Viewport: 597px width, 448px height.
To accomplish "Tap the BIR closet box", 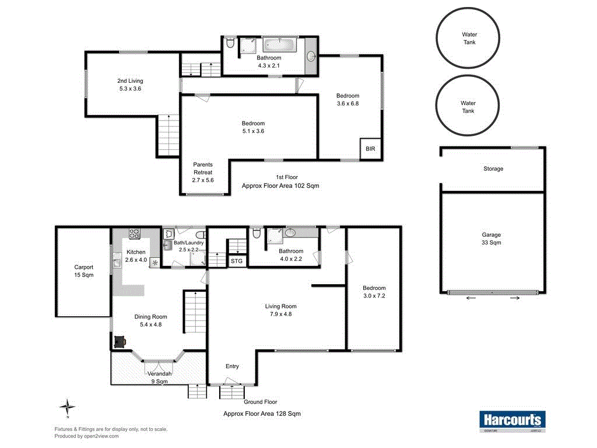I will tap(370, 149).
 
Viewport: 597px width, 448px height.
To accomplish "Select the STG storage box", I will tap(237, 261).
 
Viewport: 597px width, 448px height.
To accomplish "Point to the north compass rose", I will tap(68, 407).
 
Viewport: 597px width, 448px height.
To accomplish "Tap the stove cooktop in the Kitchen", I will tap(135, 234).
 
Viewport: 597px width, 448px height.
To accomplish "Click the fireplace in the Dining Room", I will tap(120, 341).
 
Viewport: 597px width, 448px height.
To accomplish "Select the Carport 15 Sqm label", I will tap(84, 271).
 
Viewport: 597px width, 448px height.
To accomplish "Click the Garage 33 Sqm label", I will tap(491, 238).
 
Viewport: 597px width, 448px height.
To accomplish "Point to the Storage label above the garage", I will tap(493, 169).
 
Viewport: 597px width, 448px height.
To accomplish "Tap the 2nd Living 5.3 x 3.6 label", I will tap(130, 85).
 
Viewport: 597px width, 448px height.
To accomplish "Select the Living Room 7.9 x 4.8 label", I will tap(281, 310).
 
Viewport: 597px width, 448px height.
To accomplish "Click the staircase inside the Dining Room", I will tap(195, 312).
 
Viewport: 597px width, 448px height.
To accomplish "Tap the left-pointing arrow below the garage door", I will tap(470, 298).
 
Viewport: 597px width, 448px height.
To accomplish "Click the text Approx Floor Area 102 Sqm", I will tap(280, 185).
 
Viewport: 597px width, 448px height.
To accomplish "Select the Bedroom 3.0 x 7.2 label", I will tap(374, 292).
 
